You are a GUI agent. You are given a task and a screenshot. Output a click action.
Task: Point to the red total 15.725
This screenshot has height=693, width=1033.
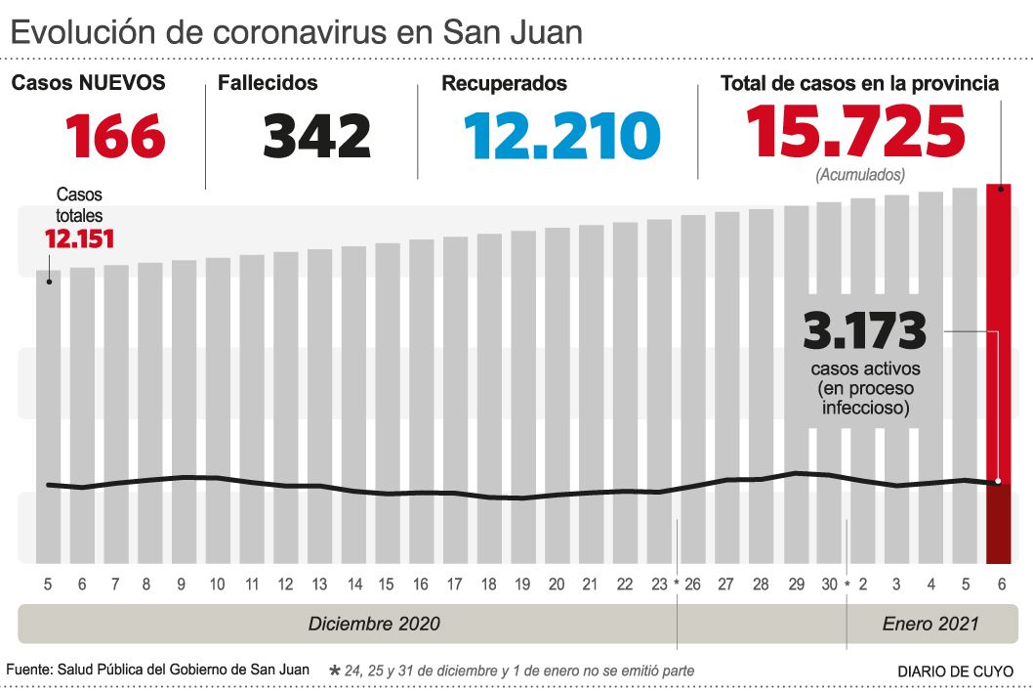(x=855, y=132)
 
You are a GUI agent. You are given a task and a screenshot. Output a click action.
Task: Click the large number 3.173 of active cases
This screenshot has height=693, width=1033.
(x=864, y=332)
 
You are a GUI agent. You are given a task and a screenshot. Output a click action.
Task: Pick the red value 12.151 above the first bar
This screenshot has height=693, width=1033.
(x=79, y=238)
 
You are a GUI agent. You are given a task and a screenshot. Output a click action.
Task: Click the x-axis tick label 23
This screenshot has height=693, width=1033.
(x=658, y=585)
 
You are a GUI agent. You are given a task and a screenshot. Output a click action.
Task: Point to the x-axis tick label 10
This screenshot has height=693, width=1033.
(x=217, y=585)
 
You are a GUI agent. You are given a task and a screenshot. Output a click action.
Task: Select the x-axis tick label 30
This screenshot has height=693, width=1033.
(x=830, y=585)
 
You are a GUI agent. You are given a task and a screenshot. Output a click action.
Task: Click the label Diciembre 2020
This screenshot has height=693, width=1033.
(x=374, y=624)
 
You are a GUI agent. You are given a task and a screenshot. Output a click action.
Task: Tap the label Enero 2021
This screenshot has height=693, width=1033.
(x=929, y=624)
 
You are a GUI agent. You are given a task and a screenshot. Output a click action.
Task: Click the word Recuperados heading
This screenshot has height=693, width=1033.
(x=504, y=84)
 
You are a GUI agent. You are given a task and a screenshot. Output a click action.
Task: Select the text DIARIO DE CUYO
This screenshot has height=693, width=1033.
(x=955, y=671)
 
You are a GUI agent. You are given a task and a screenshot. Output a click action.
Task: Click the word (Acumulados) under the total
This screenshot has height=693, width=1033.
(x=859, y=176)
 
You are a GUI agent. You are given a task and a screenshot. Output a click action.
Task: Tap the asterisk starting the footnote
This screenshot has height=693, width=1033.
(x=335, y=671)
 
